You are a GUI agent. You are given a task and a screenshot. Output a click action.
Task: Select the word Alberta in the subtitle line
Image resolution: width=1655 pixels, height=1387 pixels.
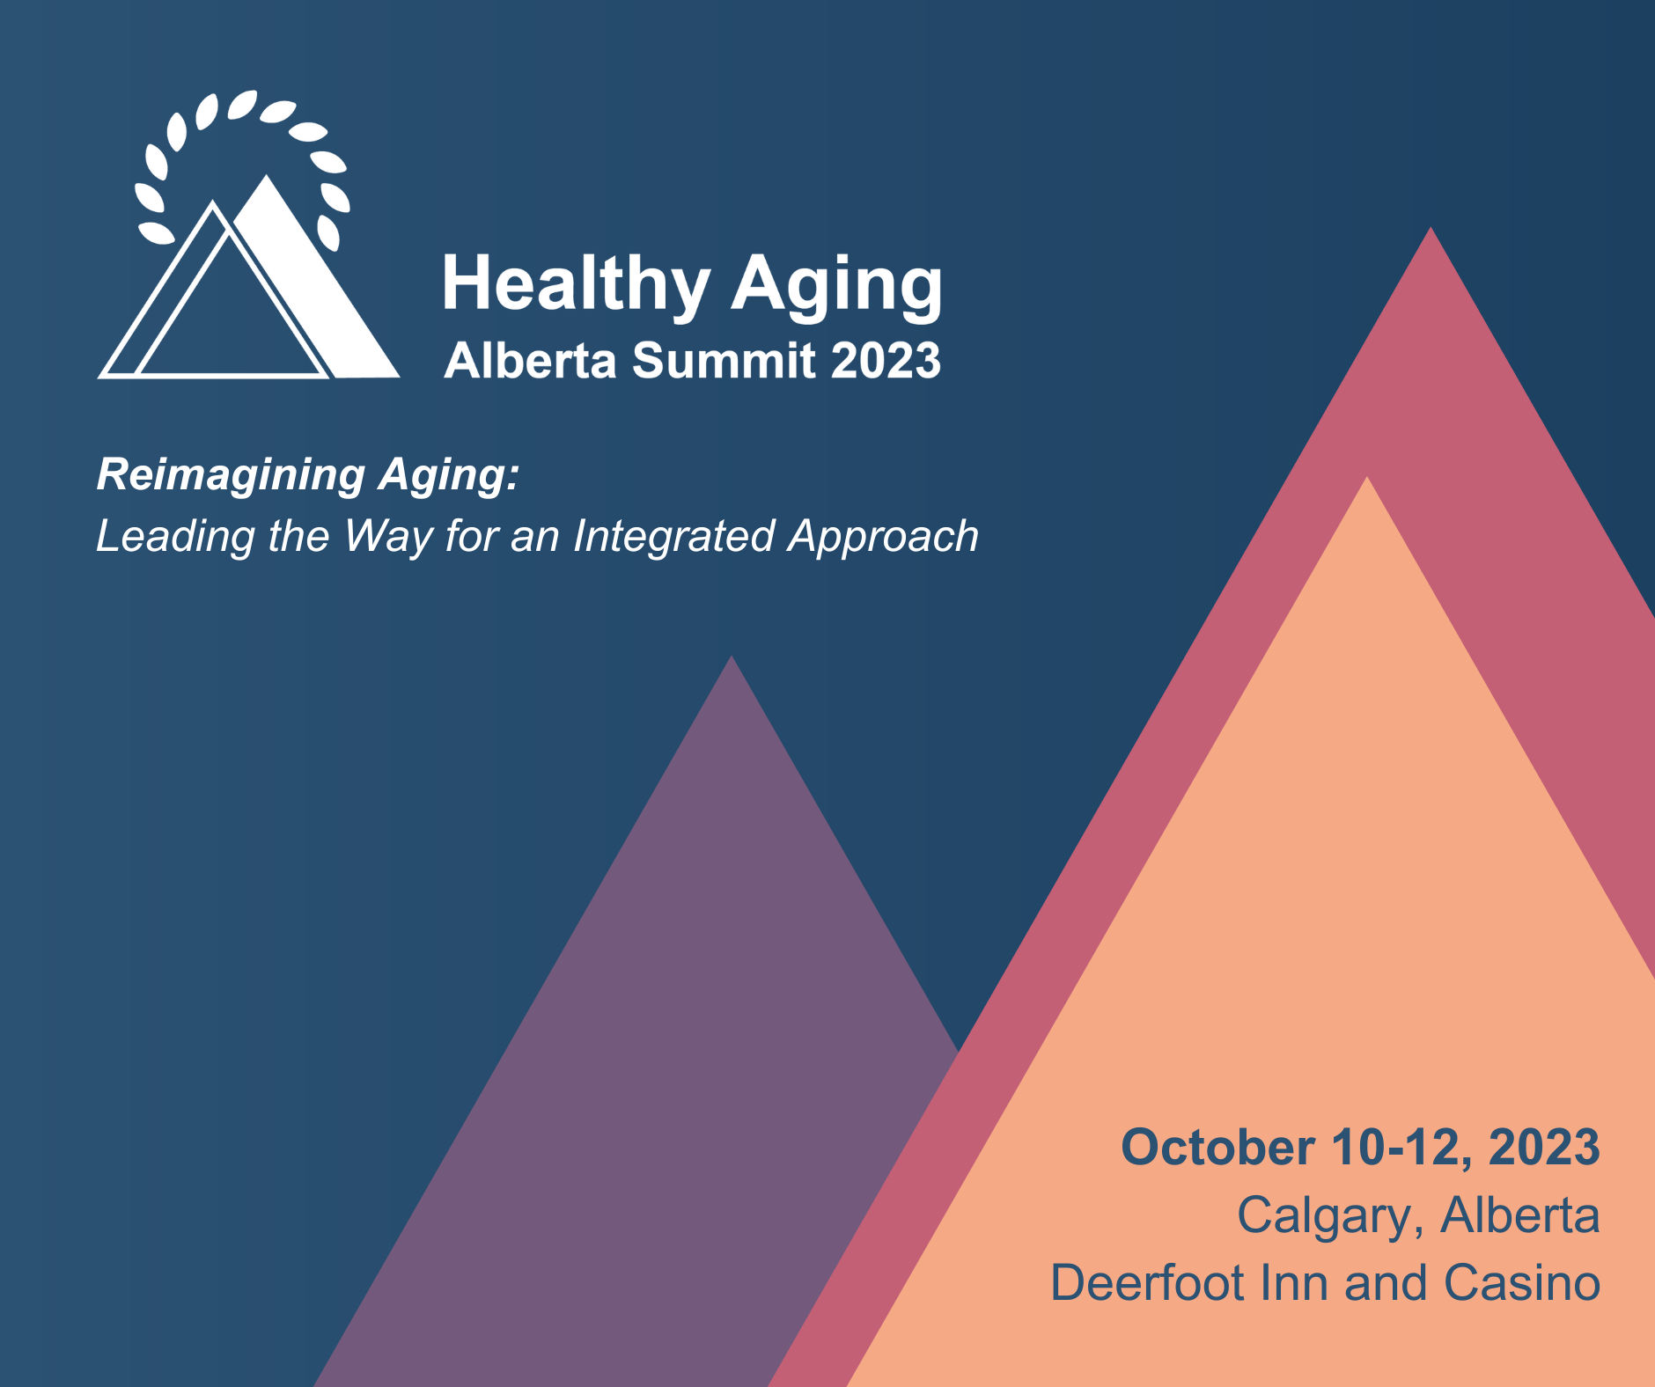click(x=530, y=361)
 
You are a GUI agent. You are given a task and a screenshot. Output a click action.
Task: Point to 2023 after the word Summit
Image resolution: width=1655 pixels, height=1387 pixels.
click(x=886, y=361)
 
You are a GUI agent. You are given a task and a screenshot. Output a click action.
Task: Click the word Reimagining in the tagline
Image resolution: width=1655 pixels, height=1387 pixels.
click(x=231, y=476)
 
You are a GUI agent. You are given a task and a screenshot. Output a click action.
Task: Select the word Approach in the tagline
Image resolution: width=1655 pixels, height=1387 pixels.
click(x=883, y=537)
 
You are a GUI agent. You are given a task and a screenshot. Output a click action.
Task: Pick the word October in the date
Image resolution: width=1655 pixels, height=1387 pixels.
click(x=1217, y=1148)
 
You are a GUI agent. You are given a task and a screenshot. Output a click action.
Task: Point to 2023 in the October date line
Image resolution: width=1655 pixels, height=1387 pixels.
click(x=1544, y=1148)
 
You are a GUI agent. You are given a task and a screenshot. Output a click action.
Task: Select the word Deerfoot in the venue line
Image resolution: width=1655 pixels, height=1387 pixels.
click(x=1149, y=1282)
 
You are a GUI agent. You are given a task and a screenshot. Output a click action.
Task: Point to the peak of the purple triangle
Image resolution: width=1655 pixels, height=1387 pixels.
click(x=732, y=657)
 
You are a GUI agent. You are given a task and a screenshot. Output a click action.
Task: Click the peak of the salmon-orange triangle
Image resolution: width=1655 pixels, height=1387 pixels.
click(x=1367, y=477)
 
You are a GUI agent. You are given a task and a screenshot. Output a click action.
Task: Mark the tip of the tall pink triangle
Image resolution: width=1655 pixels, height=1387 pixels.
click(x=1431, y=228)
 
